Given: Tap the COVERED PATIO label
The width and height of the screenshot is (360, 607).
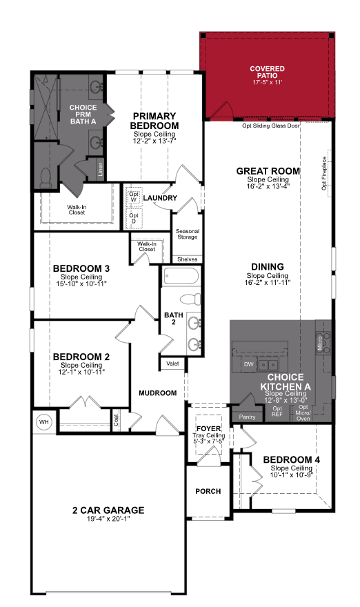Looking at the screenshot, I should [267, 69].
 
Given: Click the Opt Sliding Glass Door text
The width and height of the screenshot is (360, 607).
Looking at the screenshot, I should [271, 126].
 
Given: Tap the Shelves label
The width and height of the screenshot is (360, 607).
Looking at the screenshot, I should [188, 259].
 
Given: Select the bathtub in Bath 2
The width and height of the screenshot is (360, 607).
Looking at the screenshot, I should [181, 277].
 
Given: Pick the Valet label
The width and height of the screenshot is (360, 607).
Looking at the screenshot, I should [173, 364].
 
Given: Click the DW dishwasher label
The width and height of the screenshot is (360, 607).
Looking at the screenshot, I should [248, 364].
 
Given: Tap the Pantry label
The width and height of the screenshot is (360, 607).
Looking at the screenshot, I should [247, 417].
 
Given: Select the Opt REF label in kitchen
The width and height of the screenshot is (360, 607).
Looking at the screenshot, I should [277, 411].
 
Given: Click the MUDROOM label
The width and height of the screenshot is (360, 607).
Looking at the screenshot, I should [157, 393].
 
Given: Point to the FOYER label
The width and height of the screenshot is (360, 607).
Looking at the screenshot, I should [208, 428].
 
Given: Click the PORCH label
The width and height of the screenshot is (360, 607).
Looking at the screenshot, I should [208, 491].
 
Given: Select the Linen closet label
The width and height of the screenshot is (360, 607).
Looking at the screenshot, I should [101, 170].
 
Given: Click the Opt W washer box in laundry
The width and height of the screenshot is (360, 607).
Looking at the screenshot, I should [134, 197].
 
